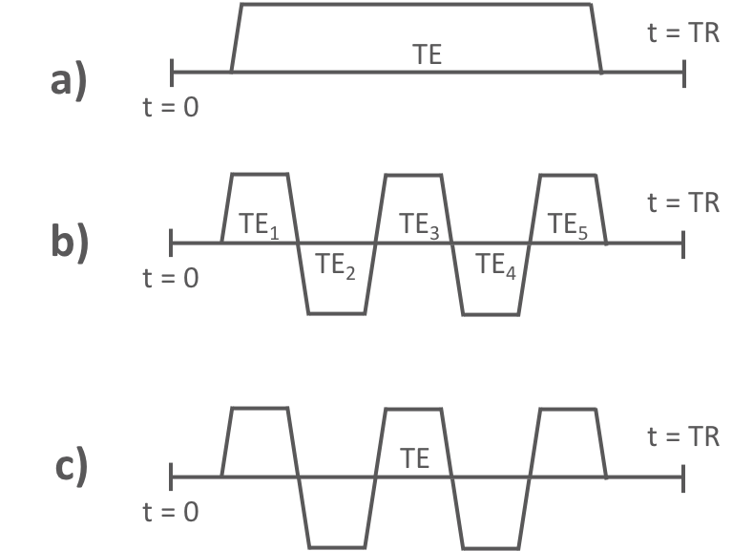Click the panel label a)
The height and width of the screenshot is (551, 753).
click(x=69, y=83)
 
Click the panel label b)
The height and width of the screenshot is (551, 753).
click(x=69, y=243)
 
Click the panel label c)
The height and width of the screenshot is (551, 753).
click(x=69, y=467)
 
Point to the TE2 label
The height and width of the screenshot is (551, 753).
click(x=335, y=265)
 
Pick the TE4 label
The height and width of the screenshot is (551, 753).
click(x=495, y=265)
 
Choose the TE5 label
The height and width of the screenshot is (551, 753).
click(x=568, y=225)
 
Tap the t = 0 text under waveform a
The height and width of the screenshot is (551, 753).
click(x=172, y=106)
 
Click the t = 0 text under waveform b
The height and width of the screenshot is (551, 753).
click(x=172, y=279)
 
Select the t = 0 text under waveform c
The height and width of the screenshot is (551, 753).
click(x=172, y=512)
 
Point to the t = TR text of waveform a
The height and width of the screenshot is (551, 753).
click(x=683, y=32)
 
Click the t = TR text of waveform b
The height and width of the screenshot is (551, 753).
click(x=683, y=202)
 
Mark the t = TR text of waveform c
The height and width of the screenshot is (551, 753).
click(x=683, y=436)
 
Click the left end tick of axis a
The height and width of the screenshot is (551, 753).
click(x=172, y=71)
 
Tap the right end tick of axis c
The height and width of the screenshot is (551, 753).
click(x=683, y=476)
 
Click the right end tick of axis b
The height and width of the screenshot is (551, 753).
click(x=683, y=243)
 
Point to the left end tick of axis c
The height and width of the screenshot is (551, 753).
click(x=172, y=476)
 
